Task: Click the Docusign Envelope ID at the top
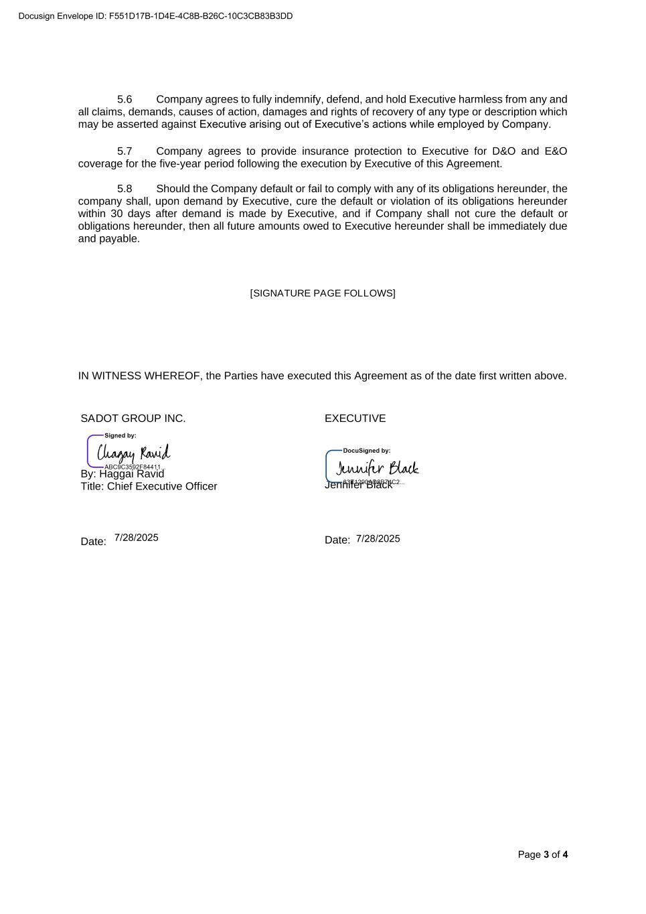[155, 16]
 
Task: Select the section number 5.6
[125, 99]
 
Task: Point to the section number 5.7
[125, 151]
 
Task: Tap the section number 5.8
[125, 189]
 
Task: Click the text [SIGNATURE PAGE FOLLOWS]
[323, 293]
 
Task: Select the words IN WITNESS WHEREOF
[139, 376]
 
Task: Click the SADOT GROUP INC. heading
[133, 418]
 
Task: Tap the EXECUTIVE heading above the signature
[355, 418]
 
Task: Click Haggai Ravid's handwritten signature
[134, 453]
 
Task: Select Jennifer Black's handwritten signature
[377, 467]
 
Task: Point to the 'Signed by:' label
[120, 436]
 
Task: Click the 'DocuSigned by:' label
[366, 451]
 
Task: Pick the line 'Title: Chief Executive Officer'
[149, 486]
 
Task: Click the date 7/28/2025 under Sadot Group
[137, 538]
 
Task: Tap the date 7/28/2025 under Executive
[378, 539]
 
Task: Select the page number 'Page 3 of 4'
[543, 854]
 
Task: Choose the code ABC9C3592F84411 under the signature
[133, 467]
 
